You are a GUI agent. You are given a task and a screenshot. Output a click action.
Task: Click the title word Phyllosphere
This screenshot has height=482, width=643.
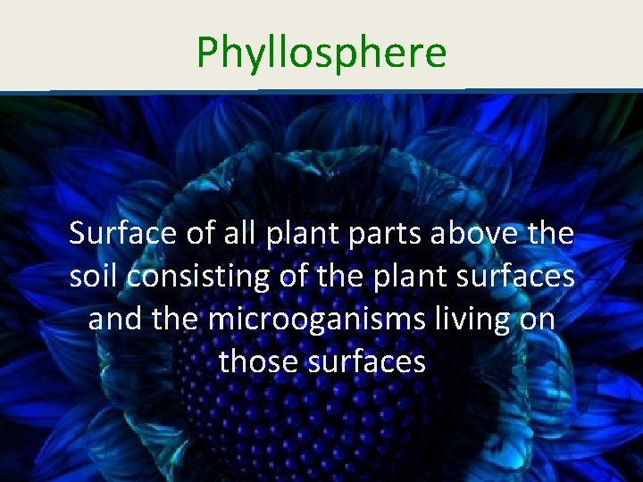click(321, 52)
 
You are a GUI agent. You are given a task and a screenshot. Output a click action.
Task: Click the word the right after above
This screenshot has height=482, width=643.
click(550, 235)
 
